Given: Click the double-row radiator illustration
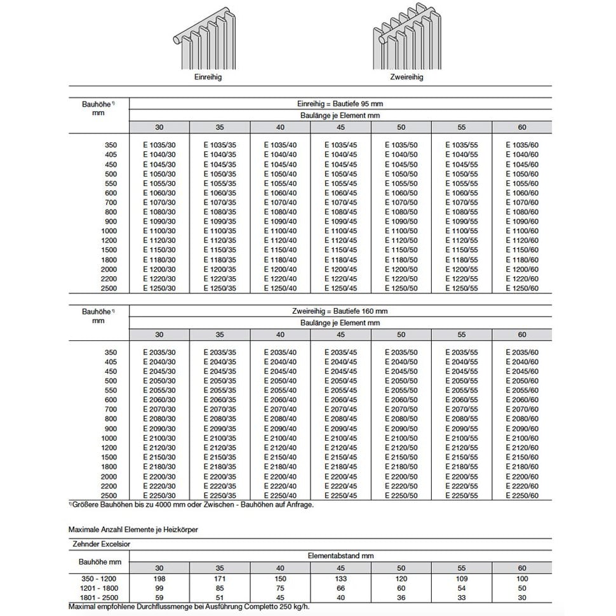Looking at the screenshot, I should pyautogui.click(x=406, y=41).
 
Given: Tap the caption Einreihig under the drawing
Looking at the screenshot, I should pyautogui.click(x=207, y=77).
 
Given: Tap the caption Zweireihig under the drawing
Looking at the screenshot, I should pyautogui.click(x=406, y=77).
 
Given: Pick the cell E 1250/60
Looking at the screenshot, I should pyautogui.click(x=522, y=288).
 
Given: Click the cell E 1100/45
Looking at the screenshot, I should pyautogui.click(x=340, y=231).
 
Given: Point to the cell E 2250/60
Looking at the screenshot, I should pyautogui.click(x=522, y=495).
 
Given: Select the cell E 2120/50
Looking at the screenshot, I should pyautogui.click(x=401, y=448).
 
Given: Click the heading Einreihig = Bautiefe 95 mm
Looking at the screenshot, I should pyautogui.click(x=340, y=104).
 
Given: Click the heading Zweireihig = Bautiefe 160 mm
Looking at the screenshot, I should pyautogui.click(x=340, y=311).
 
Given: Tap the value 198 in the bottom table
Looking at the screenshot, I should pyautogui.click(x=159, y=579).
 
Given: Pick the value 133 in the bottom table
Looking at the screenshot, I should pyautogui.click(x=340, y=579).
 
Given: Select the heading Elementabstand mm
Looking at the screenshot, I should pyautogui.click(x=340, y=556).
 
